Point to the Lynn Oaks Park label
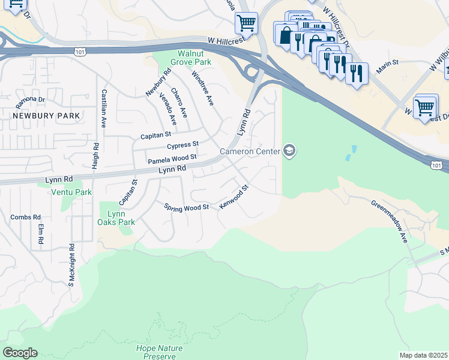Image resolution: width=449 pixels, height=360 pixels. click(119, 217)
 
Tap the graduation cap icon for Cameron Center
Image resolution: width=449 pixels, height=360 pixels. click(289, 150)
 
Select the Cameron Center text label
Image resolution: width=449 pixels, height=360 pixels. click(250, 151)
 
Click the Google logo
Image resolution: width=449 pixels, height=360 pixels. click(20, 353)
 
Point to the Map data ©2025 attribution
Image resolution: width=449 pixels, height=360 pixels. click(423, 355)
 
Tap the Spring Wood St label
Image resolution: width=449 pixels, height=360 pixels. click(186, 207)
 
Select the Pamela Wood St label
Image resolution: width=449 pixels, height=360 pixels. click(172, 159)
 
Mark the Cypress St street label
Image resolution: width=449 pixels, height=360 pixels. click(182, 146)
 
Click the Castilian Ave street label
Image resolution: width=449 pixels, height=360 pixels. click(104, 109)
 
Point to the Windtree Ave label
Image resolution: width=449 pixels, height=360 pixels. click(202, 88)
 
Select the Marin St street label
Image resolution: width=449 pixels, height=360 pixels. click(387, 63)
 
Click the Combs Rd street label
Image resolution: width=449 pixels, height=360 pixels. click(25, 217)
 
